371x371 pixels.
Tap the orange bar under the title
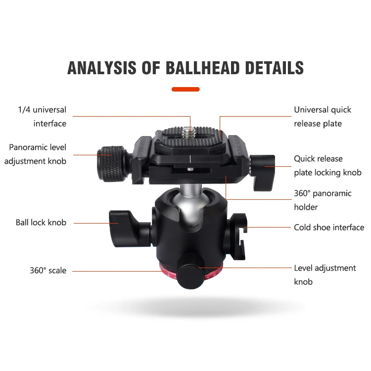pyautogui.click(x=185, y=90)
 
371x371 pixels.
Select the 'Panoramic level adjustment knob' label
pyautogui.click(x=38, y=154)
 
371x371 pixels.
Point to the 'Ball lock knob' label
pyautogui.click(x=41, y=223)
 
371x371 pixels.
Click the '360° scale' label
pyautogui.click(x=48, y=271)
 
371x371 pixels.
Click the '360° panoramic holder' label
pyautogui.click(x=323, y=200)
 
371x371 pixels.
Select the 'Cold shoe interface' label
pyautogui.click(x=329, y=228)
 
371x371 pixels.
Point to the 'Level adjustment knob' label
pyautogui.click(x=325, y=275)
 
